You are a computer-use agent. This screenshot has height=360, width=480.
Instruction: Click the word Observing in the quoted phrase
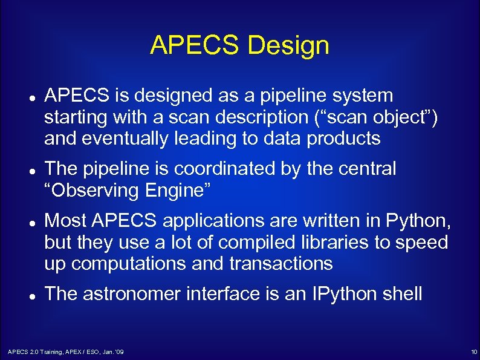(x=96, y=191)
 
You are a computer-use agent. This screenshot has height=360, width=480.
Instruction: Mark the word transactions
(x=281, y=264)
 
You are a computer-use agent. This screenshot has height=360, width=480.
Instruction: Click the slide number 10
(x=473, y=352)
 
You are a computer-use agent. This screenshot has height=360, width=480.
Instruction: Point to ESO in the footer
(x=89, y=352)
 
